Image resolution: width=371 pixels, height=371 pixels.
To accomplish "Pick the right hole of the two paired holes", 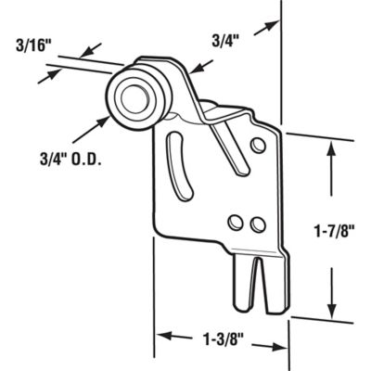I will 258,224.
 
